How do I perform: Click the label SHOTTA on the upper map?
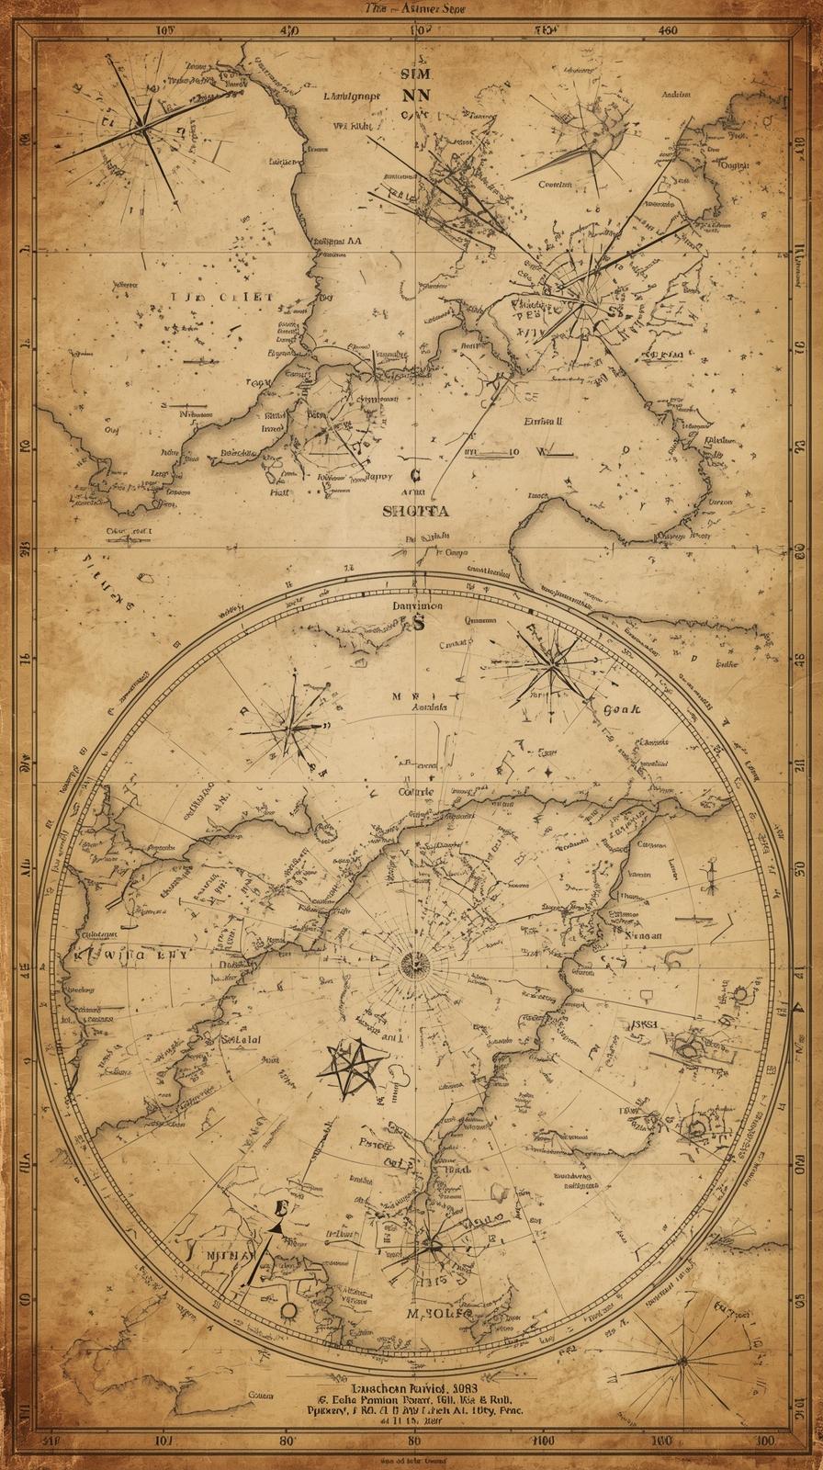point(415,512)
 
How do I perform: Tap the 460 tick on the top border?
point(668,29)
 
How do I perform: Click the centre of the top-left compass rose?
point(144,129)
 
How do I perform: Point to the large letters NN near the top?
point(415,93)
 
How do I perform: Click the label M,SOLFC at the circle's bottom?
point(439,1314)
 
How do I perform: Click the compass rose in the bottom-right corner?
point(681,1362)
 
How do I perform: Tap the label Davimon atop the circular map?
point(417,606)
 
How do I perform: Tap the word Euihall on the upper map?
point(542,422)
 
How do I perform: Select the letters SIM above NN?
point(415,71)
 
